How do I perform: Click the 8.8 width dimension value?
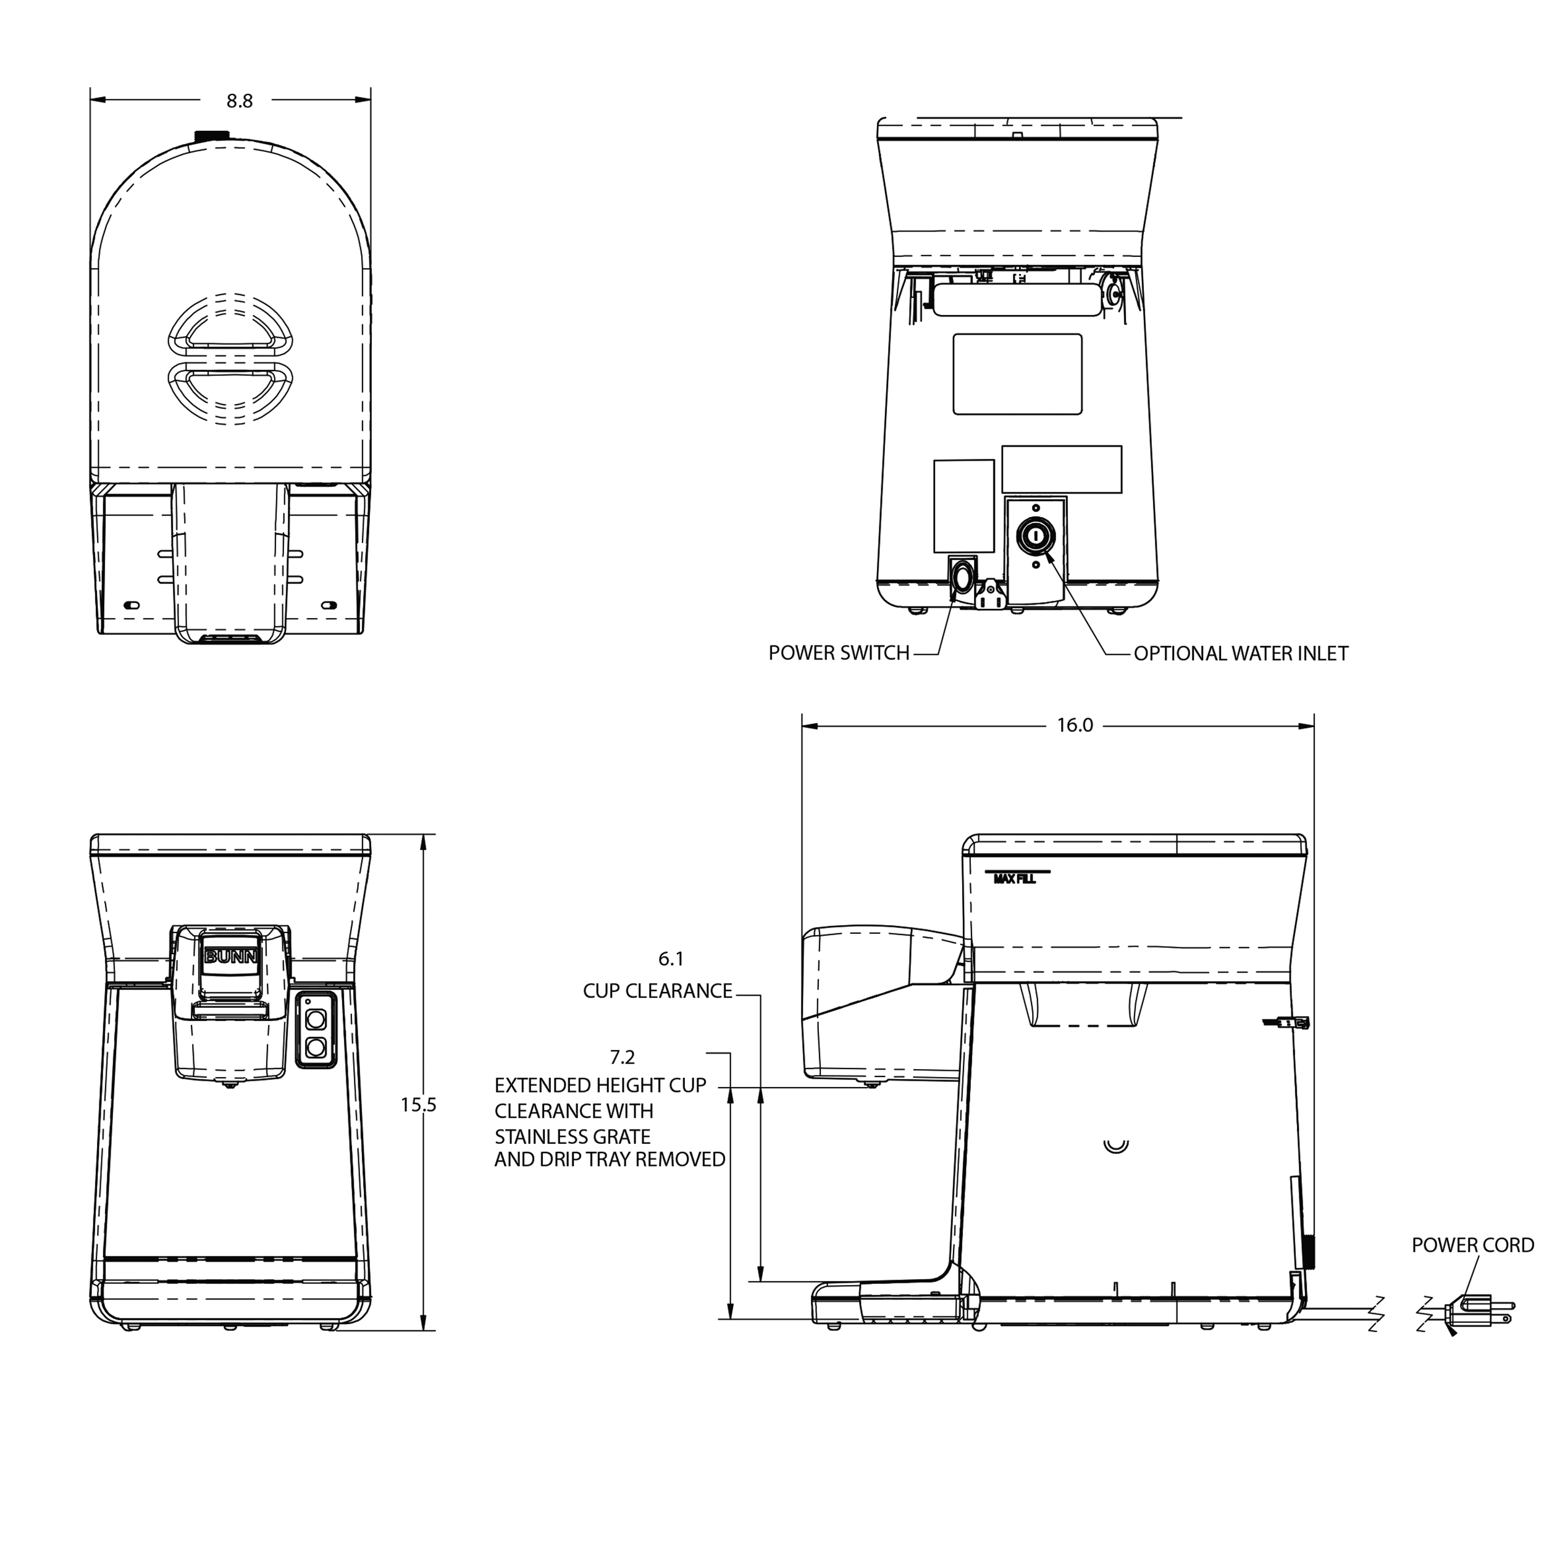point(239,101)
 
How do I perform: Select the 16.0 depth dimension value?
point(1074,725)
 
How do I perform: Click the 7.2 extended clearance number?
point(622,1057)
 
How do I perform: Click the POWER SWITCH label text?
point(838,653)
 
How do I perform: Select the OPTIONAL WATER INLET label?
point(1240,653)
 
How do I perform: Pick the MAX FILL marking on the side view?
point(1014,879)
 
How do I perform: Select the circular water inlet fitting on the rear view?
point(1036,536)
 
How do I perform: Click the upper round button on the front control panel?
point(316,1019)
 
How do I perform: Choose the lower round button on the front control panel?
point(316,1046)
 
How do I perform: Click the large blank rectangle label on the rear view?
point(1017,374)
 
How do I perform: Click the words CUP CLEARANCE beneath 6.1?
point(657,991)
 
